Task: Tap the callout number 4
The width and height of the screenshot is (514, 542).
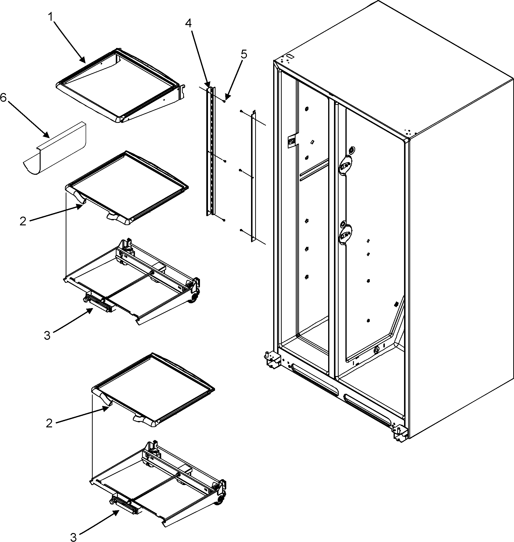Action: coord(188,23)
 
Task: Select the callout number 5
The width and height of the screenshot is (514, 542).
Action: coord(243,54)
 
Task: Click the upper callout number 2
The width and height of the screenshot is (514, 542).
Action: coord(23,221)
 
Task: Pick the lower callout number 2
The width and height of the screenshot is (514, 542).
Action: coord(49,423)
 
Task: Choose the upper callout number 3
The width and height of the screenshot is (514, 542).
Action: coord(47,335)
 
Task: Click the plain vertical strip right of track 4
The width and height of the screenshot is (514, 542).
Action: coord(253,175)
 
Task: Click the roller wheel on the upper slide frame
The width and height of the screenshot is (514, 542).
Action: coord(193,299)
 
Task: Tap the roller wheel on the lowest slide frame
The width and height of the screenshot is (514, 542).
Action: coord(219,502)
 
